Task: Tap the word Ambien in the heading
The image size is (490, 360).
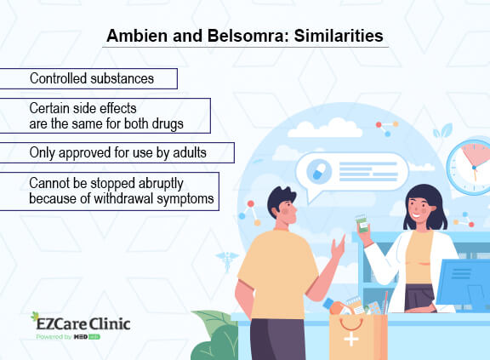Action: point(137,36)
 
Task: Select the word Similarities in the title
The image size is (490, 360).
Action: point(339,36)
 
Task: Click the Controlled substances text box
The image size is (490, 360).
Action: point(88,79)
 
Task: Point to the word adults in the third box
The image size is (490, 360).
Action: point(190,152)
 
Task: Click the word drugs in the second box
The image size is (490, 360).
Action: point(168,123)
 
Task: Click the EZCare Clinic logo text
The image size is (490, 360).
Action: point(83,323)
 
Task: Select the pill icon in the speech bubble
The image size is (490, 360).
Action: point(319,170)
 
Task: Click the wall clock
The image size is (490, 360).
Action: point(470,167)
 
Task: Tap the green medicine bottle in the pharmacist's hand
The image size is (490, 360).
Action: point(362,224)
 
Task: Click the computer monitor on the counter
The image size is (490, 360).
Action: point(463,283)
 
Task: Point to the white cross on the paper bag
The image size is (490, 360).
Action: point(351,339)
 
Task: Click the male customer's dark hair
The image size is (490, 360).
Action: point(281,199)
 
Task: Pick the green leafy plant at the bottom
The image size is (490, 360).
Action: point(215,335)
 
